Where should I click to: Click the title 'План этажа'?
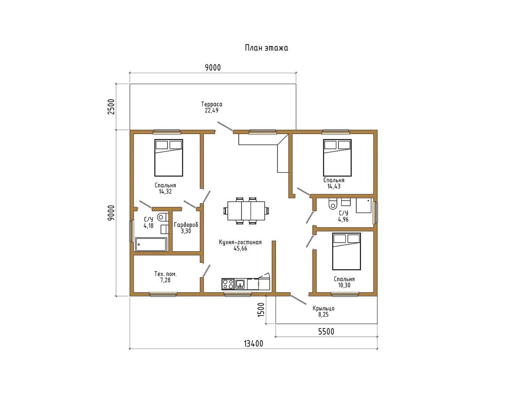[x=266, y=48]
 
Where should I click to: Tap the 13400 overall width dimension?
[x=253, y=344]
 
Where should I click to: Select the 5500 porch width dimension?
[x=326, y=331]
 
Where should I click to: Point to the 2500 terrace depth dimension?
[x=111, y=107]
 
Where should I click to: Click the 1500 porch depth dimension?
[x=261, y=310]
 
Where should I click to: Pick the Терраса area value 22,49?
[x=212, y=110]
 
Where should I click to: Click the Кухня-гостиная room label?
[x=240, y=242]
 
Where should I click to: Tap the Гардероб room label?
[x=186, y=225]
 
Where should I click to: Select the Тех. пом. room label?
[x=165, y=274]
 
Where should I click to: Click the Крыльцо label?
[x=323, y=309]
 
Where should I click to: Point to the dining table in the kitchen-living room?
[x=247, y=211]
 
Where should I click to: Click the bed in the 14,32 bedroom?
[x=169, y=158]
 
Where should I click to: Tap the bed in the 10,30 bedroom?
[x=347, y=251]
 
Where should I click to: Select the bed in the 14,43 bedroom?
[x=337, y=158]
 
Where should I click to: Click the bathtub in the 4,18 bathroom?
[x=151, y=244]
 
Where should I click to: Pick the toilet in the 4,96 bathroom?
[x=332, y=203]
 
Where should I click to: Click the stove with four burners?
[x=228, y=284]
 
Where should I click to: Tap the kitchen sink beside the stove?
[x=240, y=284]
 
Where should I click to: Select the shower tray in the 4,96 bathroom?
[x=364, y=205]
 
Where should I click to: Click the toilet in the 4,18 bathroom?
[x=163, y=217]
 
